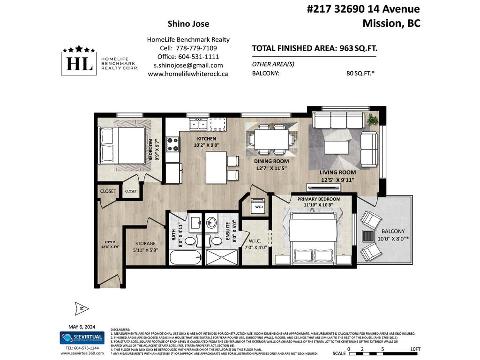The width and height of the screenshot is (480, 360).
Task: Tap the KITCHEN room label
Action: (206, 139)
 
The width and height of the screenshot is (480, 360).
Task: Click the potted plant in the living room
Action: (373, 120)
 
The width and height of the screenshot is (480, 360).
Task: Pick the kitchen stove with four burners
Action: (173, 144)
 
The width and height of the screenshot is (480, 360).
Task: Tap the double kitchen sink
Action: (198, 124)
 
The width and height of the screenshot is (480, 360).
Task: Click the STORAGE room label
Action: (145, 244)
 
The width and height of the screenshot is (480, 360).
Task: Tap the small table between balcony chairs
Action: (369, 236)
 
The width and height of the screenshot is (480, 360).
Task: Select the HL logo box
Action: (79, 62)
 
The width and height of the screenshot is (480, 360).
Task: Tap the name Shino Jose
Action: (188, 24)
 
